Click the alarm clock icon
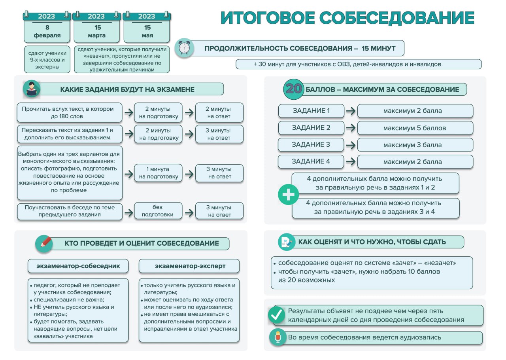tap(184, 48)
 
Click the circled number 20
tap(294, 89)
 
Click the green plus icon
tap(288, 195)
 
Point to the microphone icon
tap(278, 337)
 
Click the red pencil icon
tap(45, 243)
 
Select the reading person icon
tap(32, 89)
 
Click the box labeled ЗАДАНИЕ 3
tap(311, 145)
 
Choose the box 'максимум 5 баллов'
tap(415, 128)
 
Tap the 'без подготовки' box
tap(158, 211)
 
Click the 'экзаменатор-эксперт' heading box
tap(189, 266)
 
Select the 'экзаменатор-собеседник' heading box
tap(78, 266)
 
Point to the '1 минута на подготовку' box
tap(158, 173)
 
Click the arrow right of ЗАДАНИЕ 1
tap(351, 111)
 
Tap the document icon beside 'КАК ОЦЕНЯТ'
tap(286, 242)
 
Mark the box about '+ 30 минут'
tap(358, 64)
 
